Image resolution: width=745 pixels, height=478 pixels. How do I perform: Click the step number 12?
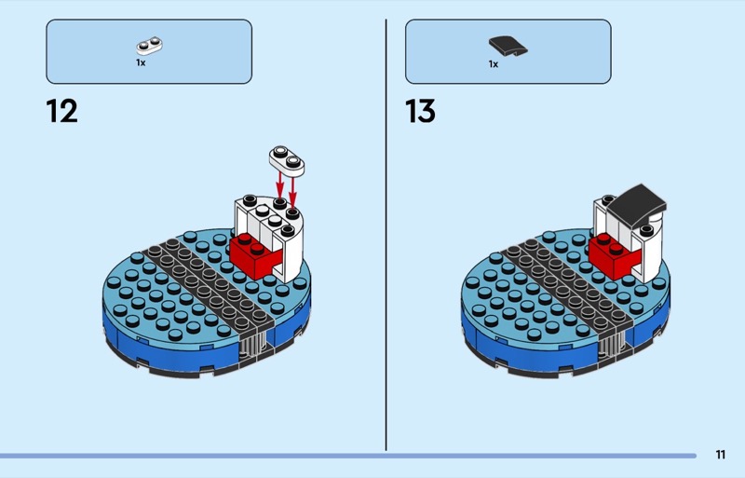(x=61, y=111)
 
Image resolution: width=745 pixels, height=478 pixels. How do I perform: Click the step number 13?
(x=420, y=111)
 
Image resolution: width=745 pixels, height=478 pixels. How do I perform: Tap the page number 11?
(x=720, y=455)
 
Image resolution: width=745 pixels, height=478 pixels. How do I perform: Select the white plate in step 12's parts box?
(x=149, y=46)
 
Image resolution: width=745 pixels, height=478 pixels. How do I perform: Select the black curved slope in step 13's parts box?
(x=508, y=47)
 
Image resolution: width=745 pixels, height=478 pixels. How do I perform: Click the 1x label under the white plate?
(x=141, y=62)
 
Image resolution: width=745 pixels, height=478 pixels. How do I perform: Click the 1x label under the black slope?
(x=494, y=64)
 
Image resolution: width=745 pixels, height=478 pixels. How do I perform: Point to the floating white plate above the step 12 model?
(x=287, y=159)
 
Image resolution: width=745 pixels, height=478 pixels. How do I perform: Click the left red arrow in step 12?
(x=280, y=185)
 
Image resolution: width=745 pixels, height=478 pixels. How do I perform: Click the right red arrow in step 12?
(x=292, y=193)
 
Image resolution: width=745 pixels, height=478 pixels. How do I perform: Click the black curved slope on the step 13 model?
(x=637, y=204)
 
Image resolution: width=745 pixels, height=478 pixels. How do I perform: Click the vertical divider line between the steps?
(x=386, y=235)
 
